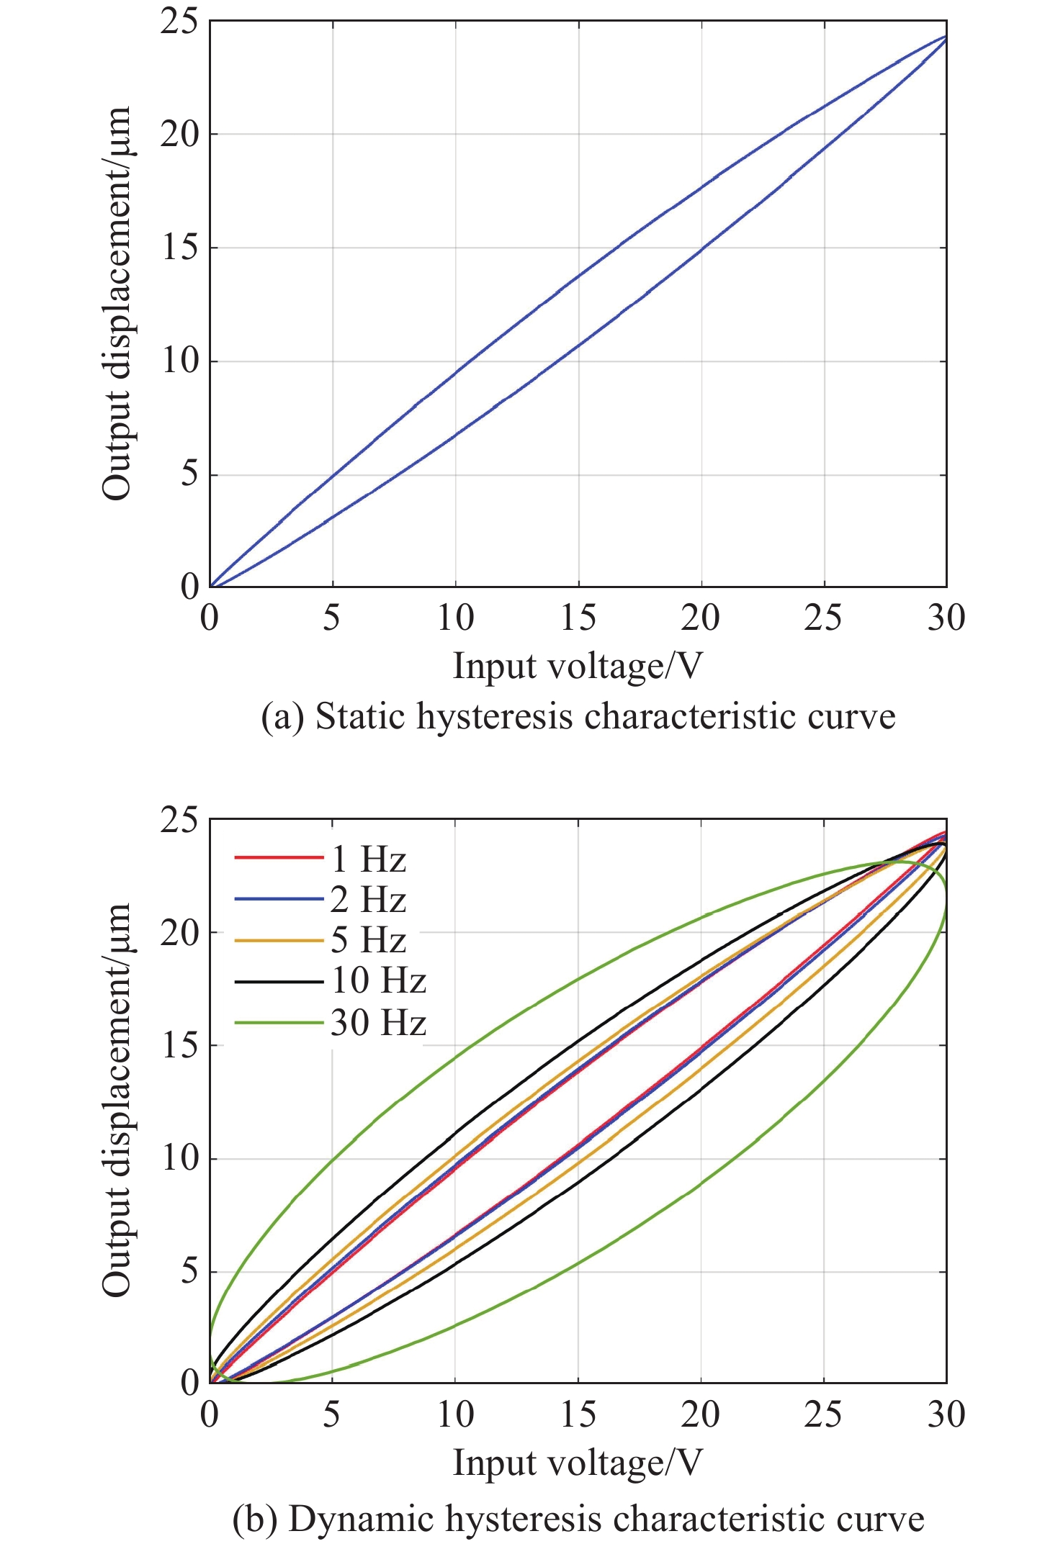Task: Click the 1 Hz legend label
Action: coord(369,859)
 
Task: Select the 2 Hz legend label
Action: coord(369,900)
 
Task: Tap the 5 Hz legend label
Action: coord(369,940)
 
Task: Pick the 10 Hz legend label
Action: coord(379,980)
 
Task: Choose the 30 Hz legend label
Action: coord(379,1022)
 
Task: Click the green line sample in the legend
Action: coord(278,1023)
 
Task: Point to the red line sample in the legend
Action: coord(278,857)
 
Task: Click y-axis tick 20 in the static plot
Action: coord(179,134)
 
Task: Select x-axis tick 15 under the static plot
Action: coord(578,618)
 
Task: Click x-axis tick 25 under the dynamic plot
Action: coord(823,1414)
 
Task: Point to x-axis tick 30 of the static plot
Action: coord(946,618)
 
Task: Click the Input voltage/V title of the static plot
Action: coord(577,666)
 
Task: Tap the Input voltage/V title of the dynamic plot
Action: coord(577,1463)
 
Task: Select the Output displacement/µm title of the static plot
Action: coord(117,303)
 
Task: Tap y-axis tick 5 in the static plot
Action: coord(189,474)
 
